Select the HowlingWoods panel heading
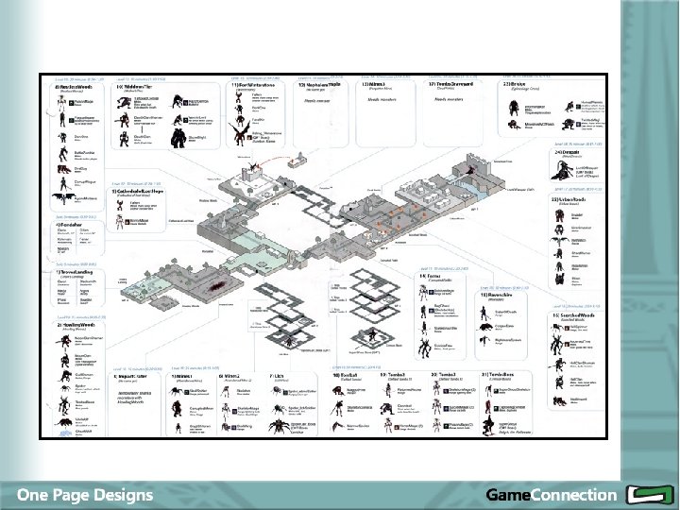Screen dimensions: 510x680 78,322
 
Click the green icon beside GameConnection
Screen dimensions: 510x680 647,494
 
